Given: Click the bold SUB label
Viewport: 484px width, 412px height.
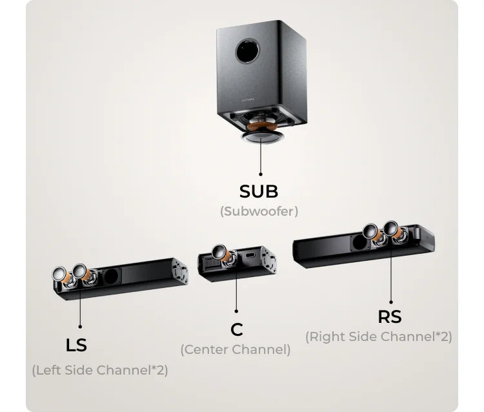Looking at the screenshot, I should (259, 191).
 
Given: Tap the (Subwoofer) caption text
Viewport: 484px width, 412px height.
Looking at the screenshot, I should (259, 211).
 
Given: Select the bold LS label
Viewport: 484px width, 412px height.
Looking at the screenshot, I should (76, 345).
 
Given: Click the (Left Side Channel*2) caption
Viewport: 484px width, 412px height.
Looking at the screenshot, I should (100, 370).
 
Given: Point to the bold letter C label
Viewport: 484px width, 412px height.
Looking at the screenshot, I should (237, 329).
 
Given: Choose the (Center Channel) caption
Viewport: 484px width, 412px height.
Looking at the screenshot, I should (236, 349).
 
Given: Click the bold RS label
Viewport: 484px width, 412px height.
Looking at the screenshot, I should (390, 316).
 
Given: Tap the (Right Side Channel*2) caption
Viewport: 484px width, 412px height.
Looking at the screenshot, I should (379, 336).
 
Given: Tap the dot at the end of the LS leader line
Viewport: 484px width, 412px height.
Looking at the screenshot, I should (80, 327).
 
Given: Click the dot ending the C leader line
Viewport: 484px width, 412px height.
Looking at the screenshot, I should (237, 311).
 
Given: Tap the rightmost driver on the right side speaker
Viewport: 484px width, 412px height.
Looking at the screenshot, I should (391, 231).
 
